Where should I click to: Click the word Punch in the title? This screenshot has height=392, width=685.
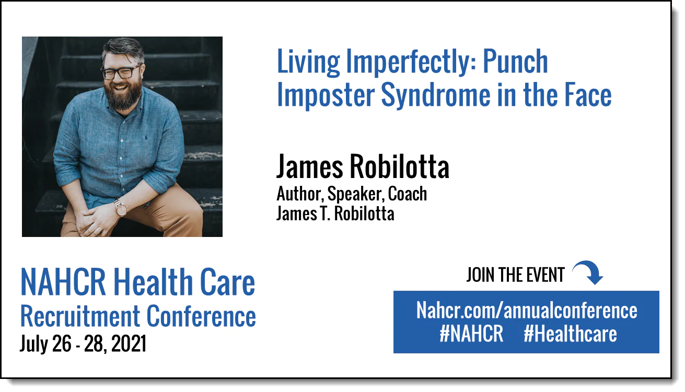tap(515, 62)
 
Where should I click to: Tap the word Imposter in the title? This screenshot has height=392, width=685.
tap(326, 95)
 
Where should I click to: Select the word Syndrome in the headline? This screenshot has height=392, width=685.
tap(436, 95)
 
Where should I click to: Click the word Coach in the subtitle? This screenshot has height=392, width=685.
tap(408, 194)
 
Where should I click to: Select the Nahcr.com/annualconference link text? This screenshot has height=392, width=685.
tap(527, 311)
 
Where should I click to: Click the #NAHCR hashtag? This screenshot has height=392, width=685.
tap(471, 334)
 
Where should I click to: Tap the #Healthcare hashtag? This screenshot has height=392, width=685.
tap(570, 334)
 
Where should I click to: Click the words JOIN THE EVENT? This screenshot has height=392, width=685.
tap(515, 275)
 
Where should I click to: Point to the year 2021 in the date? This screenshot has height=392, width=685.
tap(129, 344)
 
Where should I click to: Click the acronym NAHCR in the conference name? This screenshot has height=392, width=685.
tap(63, 282)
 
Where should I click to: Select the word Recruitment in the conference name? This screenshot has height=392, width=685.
tap(80, 316)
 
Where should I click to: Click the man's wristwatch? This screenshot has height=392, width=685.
tap(121, 208)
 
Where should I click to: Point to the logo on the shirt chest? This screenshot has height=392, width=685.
tap(146, 136)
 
